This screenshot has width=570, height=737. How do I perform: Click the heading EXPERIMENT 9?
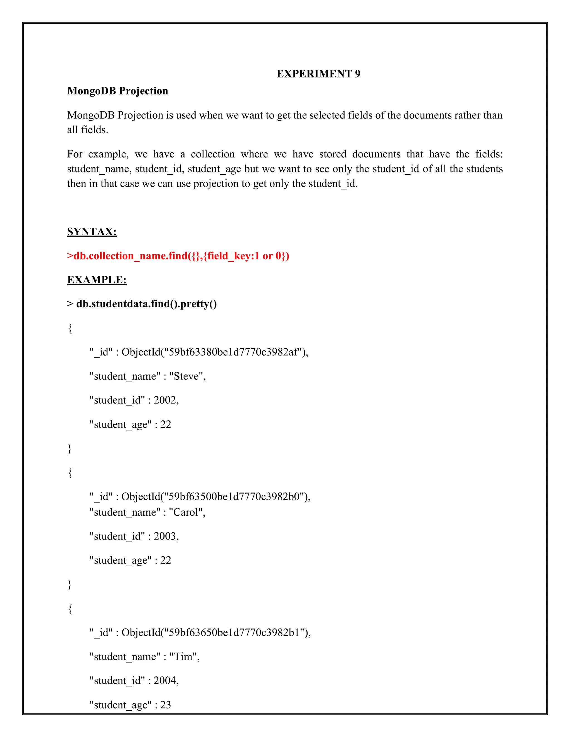coord(318,74)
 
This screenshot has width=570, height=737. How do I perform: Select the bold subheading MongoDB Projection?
coord(117,91)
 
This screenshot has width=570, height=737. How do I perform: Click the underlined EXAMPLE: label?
coord(97,280)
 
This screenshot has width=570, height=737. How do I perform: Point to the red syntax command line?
coord(178,256)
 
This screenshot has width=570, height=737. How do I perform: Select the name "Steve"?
coord(187,376)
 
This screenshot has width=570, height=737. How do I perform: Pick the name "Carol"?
coord(187,512)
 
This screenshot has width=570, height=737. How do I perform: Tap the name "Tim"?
coord(184,656)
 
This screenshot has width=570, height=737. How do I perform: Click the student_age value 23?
coord(166,705)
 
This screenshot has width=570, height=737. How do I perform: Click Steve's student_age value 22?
coord(166,424)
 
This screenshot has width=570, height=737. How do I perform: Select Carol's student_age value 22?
coord(166,560)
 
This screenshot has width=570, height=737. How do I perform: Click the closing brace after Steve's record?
coord(70,449)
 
